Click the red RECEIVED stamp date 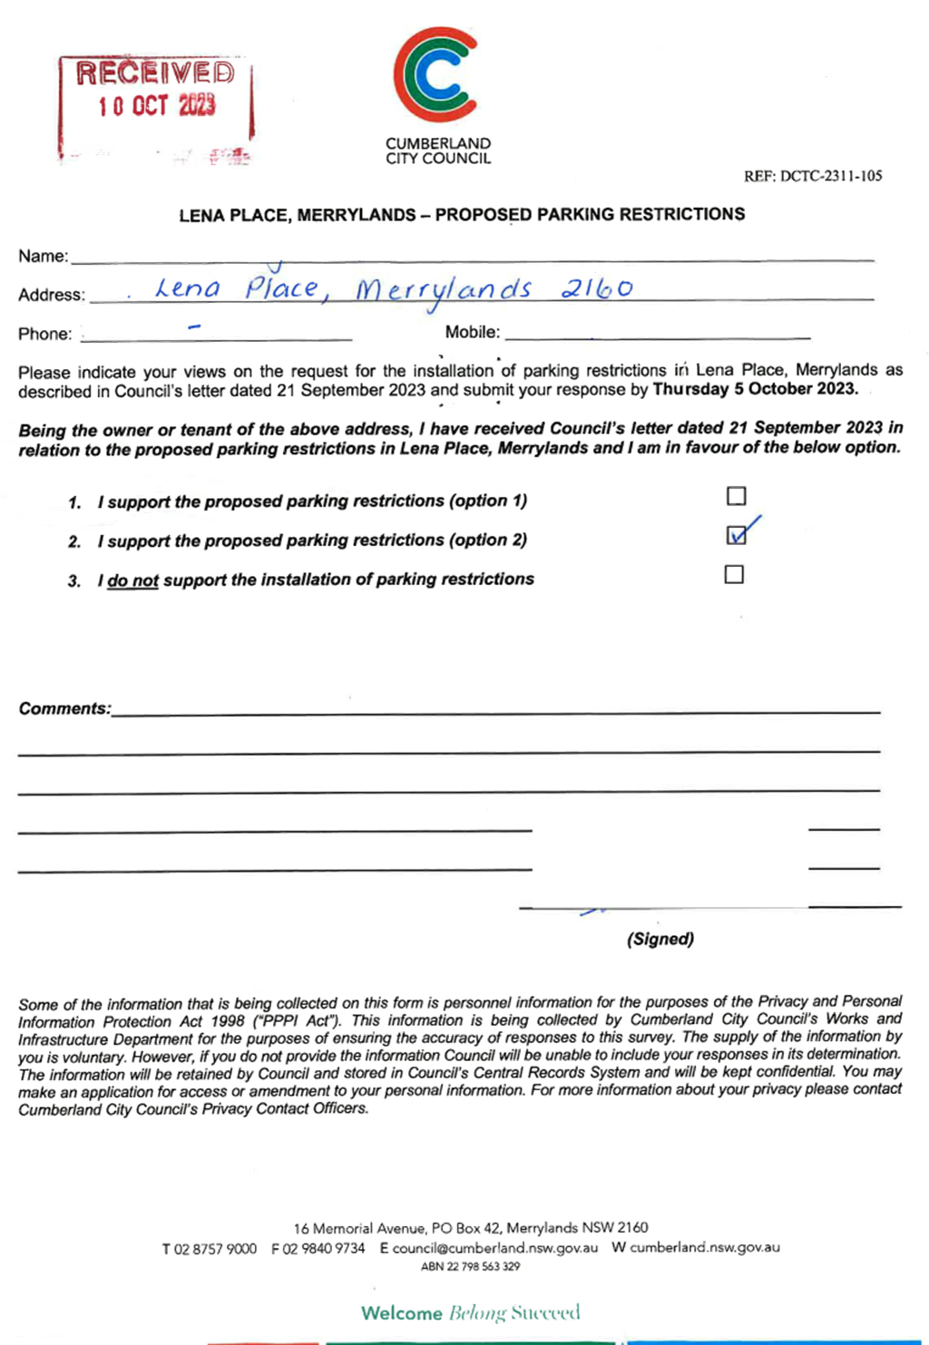point(156,106)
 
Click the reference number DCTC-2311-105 point(830,176)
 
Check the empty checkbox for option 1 point(737,496)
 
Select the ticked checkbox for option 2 point(737,535)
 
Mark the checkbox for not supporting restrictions point(734,574)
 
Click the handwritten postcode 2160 point(597,288)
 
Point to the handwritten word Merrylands point(444,290)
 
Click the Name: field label point(44,257)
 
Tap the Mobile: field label point(472,332)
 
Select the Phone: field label point(45,334)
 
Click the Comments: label point(64,708)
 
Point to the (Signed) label point(660,939)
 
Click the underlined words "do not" point(132,580)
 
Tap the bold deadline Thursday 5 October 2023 point(756,389)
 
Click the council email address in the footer point(495,1248)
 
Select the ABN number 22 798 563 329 point(484,1266)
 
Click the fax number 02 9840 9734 point(324,1248)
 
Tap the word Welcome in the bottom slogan point(402,1313)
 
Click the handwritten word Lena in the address point(188,288)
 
